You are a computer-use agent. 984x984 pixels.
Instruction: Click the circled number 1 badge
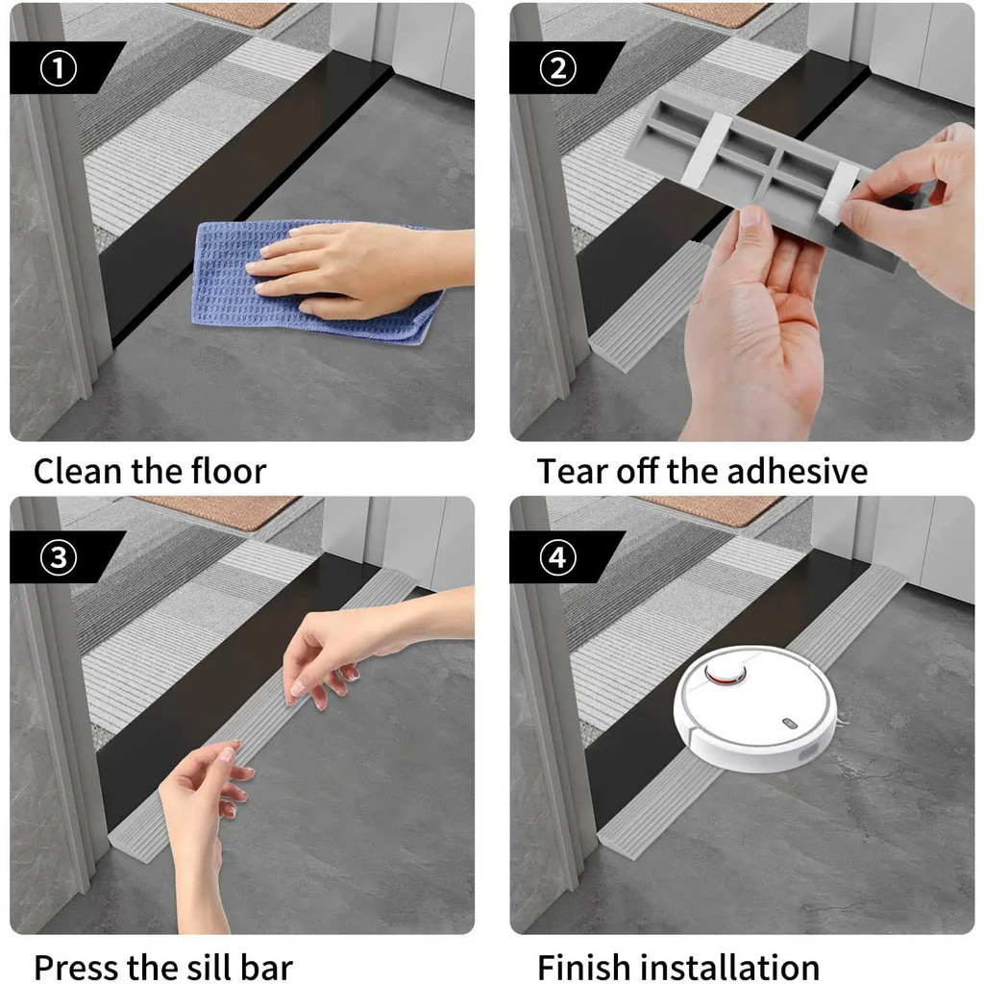pyautogui.click(x=59, y=68)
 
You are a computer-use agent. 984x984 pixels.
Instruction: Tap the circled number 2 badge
pyautogui.click(x=558, y=68)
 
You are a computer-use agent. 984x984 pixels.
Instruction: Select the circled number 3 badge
pyautogui.click(x=59, y=557)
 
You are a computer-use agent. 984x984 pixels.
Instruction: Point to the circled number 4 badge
pyautogui.click(x=558, y=557)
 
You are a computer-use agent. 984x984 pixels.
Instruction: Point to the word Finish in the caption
pyautogui.click(x=583, y=967)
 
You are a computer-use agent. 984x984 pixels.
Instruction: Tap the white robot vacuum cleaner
pyautogui.click(x=755, y=708)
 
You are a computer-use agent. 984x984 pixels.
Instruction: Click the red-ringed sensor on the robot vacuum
pyautogui.click(x=726, y=673)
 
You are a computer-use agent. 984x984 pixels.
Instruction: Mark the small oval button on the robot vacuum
pyautogui.click(x=790, y=724)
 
